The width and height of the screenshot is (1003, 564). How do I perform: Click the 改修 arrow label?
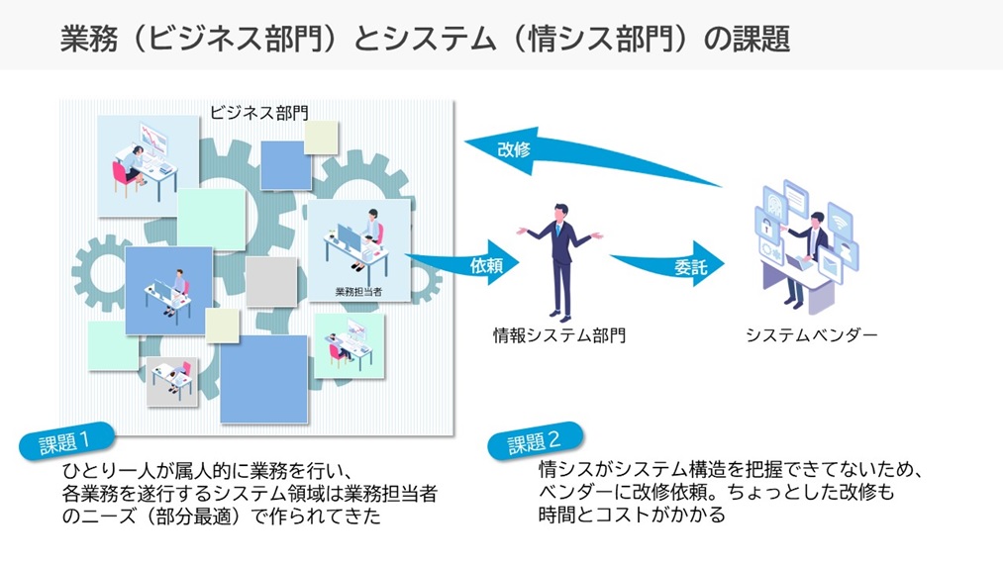[x=514, y=149]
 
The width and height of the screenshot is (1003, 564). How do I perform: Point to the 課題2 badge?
[x=535, y=441]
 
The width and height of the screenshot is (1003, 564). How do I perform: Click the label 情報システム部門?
[x=559, y=334]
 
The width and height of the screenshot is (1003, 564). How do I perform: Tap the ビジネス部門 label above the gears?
[x=258, y=112]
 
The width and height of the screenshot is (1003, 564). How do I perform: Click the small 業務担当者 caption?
[x=358, y=291]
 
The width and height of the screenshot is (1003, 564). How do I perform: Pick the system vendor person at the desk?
[x=808, y=252]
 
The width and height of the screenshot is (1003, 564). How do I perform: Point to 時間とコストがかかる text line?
[x=632, y=516]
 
